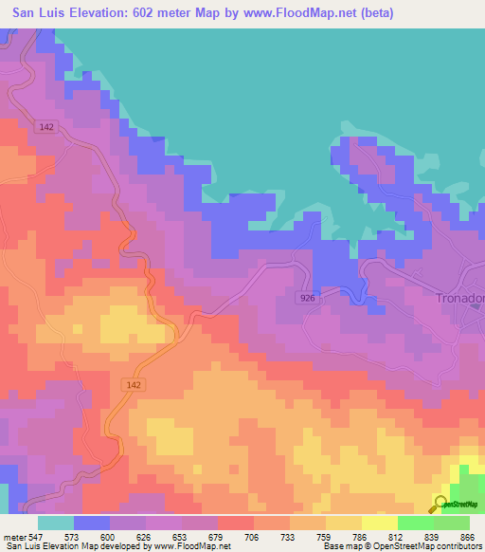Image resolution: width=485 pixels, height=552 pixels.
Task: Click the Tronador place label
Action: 460,297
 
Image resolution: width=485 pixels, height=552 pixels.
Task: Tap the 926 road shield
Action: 307,297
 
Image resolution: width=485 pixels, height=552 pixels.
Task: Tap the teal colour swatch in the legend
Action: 56,523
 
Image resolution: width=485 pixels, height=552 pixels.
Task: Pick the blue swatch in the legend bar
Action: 92,523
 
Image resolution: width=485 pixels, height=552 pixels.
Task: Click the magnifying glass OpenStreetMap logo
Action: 441,503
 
